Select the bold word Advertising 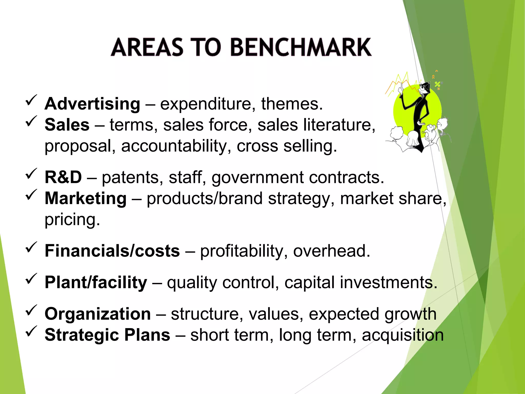(92, 104)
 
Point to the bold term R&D (63, 177)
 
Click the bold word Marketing (86, 199)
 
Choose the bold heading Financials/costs (112, 251)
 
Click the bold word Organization (98, 314)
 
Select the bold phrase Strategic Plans (107, 335)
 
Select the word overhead (331, 251)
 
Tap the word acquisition (403, 335)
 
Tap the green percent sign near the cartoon (437, 84)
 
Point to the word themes (292, 104)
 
